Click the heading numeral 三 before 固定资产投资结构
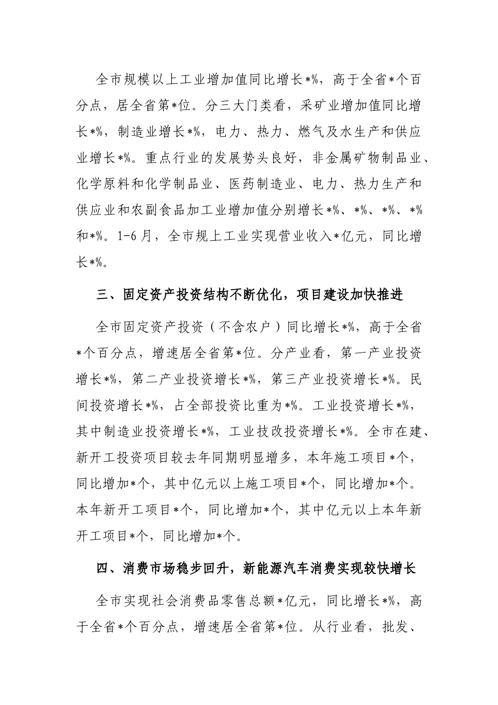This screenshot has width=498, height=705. tap(102, 295)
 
